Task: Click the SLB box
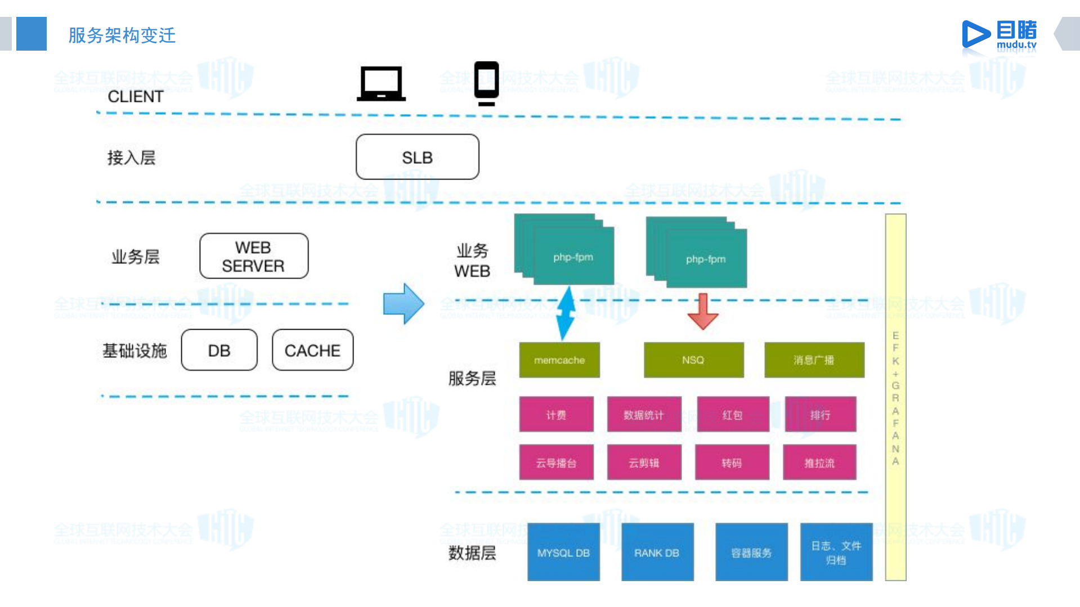[x=417, y=157]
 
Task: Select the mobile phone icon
[x=486, y=83]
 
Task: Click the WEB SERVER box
[x=254, y=256]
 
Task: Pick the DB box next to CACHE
[x=219, y=350]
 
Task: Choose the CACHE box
[x=312, y=350]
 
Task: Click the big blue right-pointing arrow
[x=403, y=304]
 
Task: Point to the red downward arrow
[x=702, y=312]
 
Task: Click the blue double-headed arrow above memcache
[x=565, y=313]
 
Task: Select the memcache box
[x=559, y=360]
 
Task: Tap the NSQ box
[x=693, y=360]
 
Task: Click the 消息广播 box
[x=814, y=360]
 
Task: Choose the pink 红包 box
[x=732, y=415]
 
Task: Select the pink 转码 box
[x=732, y=462]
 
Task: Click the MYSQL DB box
[x=563, y=552]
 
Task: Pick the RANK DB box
[x=657, y=552]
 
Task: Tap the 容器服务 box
[x=751, y=552]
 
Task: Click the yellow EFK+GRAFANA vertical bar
[x=895, y=397]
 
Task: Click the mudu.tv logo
[x=999, y=35]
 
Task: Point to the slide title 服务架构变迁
[x=122, y=35]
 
